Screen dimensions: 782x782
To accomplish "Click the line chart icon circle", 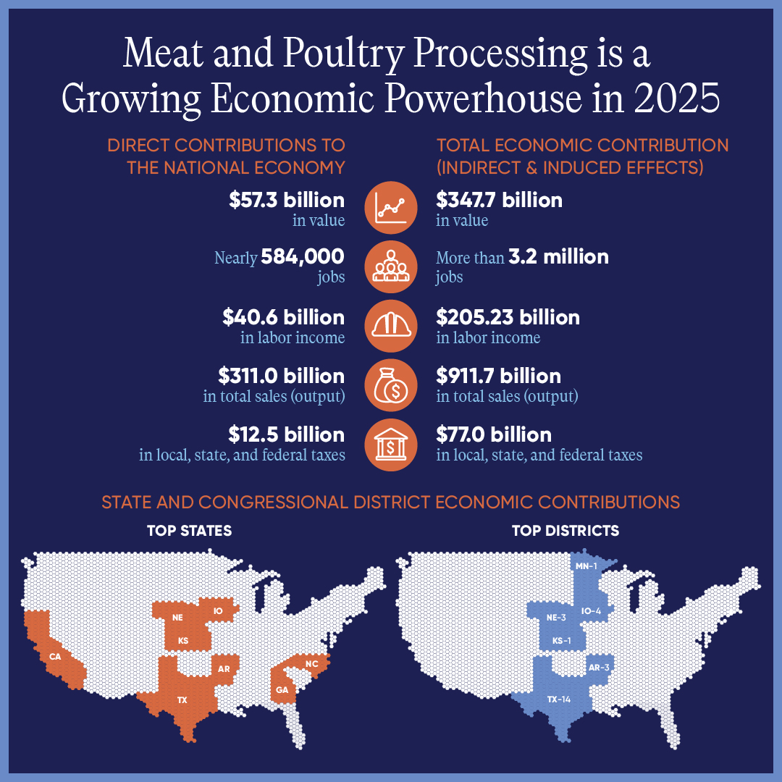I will coord(391,207).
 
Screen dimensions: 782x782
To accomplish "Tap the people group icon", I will coord(391,266).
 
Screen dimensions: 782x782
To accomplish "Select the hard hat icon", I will coord(391,324).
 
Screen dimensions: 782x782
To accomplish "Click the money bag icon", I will coord(391,384).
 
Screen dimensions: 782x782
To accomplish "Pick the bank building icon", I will coord(391,443).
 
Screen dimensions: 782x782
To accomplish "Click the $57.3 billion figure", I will coord(286,201).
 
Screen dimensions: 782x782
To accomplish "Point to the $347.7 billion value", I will coord(499,201).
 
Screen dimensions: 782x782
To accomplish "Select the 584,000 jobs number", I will coord(303,257).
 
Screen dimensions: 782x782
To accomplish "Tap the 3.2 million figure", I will coord(559,257).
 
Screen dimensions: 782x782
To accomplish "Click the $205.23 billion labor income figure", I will coord(508,318).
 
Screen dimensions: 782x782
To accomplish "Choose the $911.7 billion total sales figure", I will coord(498,377).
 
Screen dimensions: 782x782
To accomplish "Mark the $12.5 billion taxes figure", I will coord(286,435).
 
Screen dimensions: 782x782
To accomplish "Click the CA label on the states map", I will coord(55,657).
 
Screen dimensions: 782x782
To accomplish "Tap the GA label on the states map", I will coord(282,689).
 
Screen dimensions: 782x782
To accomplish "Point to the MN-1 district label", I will coord(586,566).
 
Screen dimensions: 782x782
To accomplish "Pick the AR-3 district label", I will coord(598,668).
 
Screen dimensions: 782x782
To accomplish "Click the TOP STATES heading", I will coord(189,531).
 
